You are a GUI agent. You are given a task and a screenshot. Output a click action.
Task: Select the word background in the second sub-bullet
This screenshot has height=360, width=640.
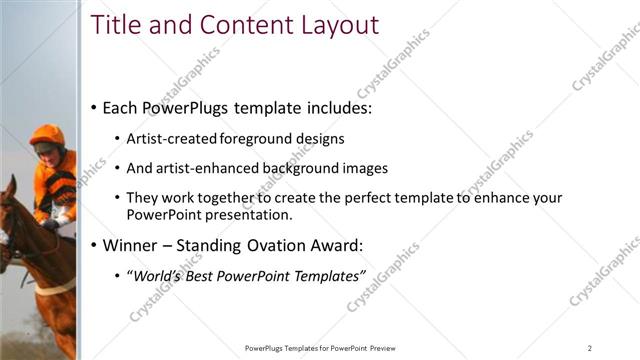tap(295, 168)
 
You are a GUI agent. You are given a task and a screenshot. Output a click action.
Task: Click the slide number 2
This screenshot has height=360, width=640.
tap(590, 348)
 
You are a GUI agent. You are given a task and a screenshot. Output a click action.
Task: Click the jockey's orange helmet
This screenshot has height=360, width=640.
tap(46, 135)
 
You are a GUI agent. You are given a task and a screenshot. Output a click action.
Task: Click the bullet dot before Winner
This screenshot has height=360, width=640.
tap(93, 245)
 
